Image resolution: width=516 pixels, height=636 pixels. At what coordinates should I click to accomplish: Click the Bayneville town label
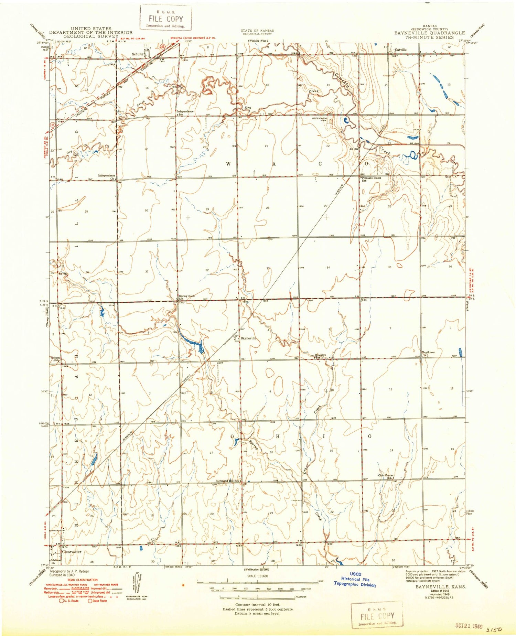click(248, 338)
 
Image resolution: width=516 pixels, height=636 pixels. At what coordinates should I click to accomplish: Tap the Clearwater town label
click(72, 552)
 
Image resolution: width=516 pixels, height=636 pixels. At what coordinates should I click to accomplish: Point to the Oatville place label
click(400, 50)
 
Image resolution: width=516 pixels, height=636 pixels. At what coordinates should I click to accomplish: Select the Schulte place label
click(138, 54)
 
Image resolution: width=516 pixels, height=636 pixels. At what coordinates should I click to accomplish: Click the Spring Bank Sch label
click(187, 297)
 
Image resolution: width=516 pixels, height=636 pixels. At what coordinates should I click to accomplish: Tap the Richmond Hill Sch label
click(227, 481)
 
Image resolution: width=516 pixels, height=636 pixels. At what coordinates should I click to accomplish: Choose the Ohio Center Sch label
click(386, 476)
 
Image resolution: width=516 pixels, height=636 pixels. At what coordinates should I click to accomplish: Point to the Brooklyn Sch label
click(320, 356)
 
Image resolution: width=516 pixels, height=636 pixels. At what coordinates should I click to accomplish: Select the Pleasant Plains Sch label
click(372, 179)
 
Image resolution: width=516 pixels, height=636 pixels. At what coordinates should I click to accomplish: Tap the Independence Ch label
click(107, 177)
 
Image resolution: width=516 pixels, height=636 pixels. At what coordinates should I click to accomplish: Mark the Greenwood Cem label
click(319, 119)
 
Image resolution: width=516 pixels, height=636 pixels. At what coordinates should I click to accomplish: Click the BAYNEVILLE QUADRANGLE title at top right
click(429, 33)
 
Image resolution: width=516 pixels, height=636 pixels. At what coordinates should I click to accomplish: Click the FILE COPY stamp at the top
click(165, 19)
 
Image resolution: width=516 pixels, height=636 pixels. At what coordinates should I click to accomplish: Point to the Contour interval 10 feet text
click(257, 604)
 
